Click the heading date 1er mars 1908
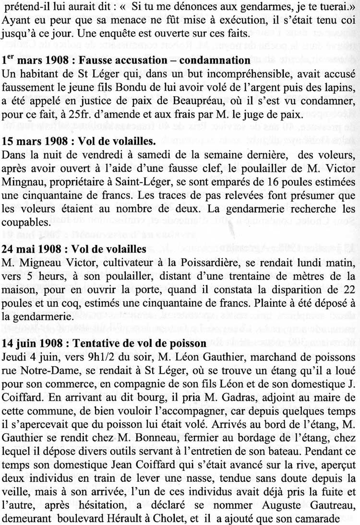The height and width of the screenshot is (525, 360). click(x=34, y=61)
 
